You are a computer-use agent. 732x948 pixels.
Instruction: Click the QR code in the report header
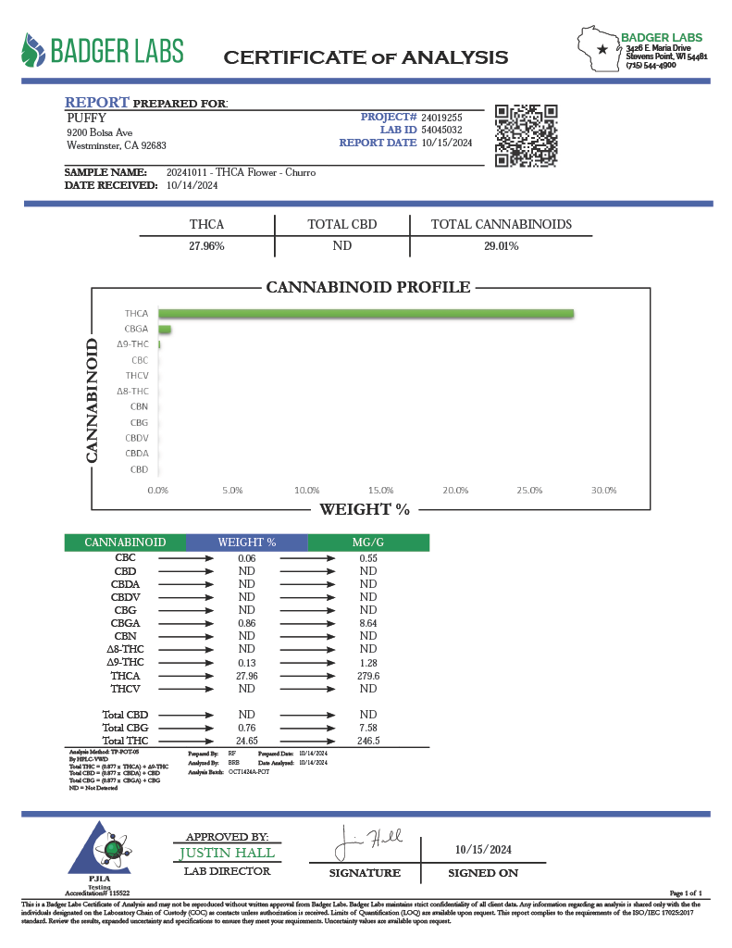coord(527,135)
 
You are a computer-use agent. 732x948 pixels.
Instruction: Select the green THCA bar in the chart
coord(366,314)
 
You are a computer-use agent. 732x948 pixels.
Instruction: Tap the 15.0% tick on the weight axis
coord(381,490)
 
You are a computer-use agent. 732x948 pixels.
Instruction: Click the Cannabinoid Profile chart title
coord(368,288)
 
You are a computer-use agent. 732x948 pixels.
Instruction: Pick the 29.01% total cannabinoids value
coord(501,246)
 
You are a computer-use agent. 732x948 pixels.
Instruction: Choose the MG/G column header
coord(367,543)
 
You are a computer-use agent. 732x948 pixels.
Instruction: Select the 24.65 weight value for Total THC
coord(246,741)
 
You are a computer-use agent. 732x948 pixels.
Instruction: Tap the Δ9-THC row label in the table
coord(125,663)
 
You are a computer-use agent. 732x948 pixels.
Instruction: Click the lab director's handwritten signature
coord(368,842)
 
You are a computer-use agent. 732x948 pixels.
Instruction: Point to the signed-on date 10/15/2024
coord(483,850)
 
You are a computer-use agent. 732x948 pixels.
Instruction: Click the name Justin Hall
coord(227,853)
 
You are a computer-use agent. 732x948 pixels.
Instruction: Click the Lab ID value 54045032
coord(441,131)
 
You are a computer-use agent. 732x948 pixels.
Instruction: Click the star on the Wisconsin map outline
coord(602,49)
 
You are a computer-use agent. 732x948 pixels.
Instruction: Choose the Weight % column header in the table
coord(246,543)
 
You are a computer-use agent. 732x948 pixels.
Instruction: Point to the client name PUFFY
coord(87,118)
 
